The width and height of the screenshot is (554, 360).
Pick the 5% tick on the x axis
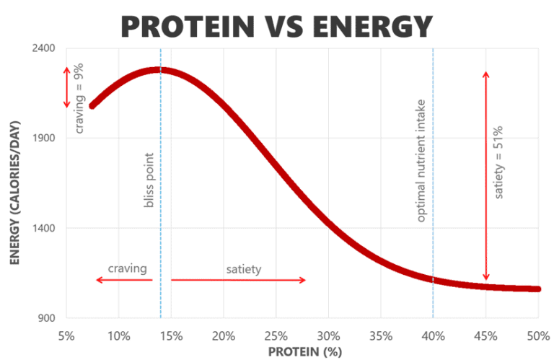pos(66,335)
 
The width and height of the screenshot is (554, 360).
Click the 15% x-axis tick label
pos(171,335)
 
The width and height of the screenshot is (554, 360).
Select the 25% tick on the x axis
pos(276,335)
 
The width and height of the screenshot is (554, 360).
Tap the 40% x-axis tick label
pos(434,335)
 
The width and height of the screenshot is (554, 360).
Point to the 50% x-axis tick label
pos(538,335)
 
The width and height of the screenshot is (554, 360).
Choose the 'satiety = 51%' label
pos(498,162)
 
